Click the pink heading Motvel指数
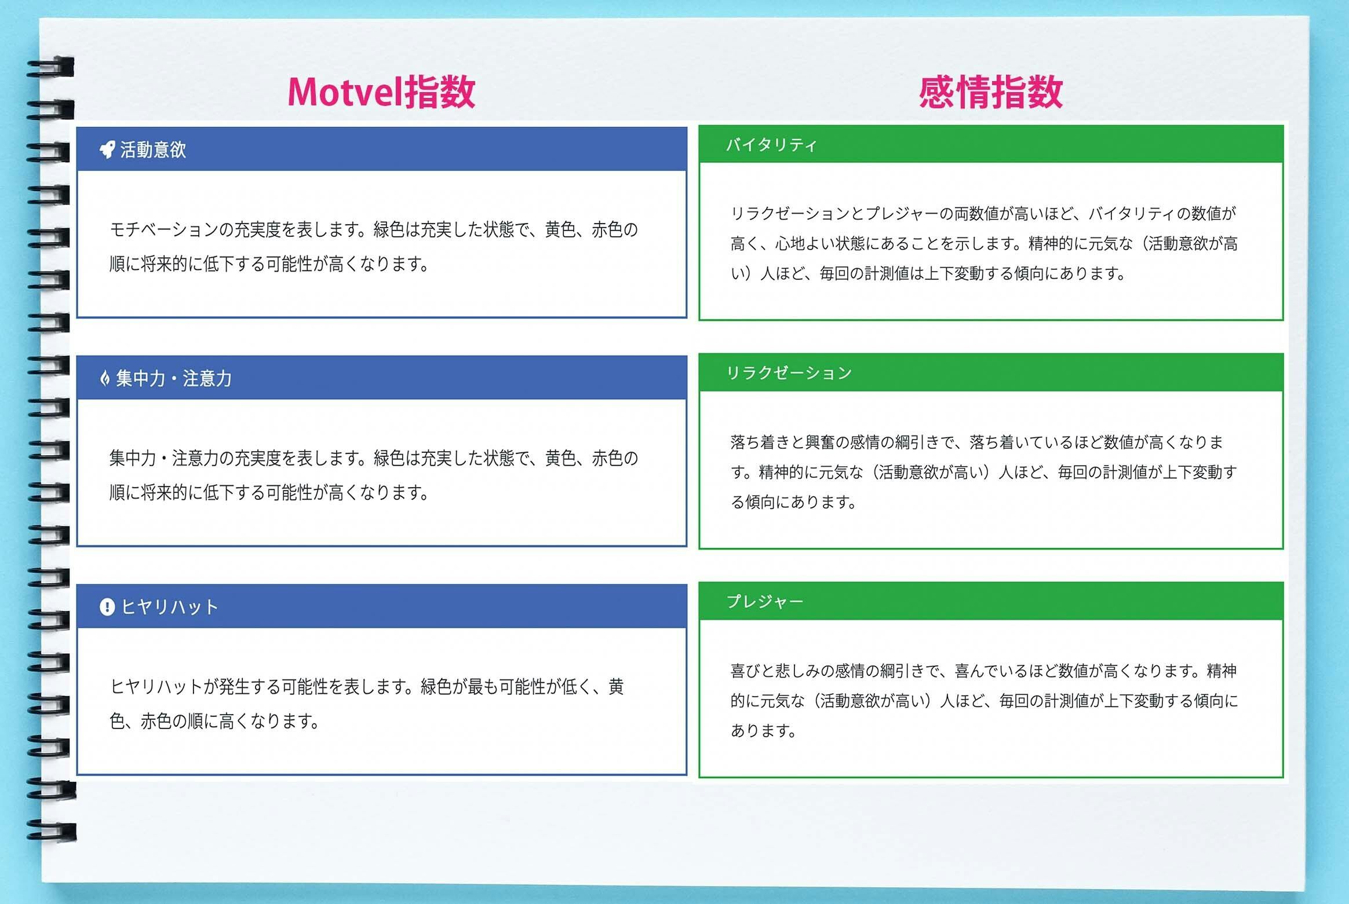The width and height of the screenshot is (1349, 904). coord(381,92)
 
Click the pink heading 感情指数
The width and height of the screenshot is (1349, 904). coord(991,92)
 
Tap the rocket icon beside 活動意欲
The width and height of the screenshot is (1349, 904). coord(107,150)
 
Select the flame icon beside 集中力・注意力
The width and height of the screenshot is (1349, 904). coord(105,379)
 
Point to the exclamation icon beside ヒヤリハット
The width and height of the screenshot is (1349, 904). coord(107,607)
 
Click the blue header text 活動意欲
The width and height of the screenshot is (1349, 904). coord(153,150)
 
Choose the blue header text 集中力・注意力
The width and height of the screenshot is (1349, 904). coord(174,379)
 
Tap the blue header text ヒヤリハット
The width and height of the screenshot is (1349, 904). coord(169,607)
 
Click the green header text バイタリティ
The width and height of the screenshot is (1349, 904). coord(771,145)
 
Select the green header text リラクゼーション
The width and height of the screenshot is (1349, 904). coord(789,373)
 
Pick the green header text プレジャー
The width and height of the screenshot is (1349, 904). coord(765,602)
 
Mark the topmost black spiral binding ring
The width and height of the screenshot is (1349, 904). coord(51,66)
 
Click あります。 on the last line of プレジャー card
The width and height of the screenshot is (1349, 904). coord(764,731)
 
